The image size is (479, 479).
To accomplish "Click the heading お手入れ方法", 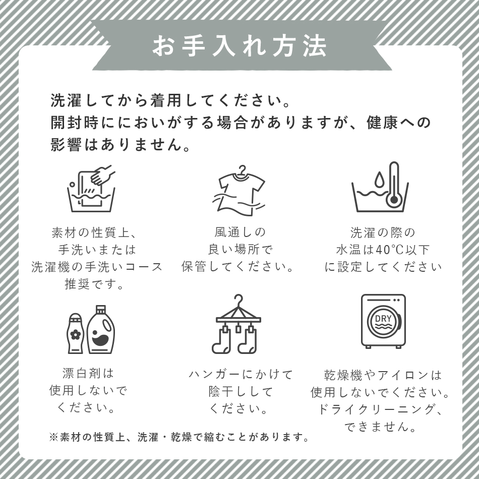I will tap(239, 46).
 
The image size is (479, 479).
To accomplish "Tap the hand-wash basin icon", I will tap(91, 189).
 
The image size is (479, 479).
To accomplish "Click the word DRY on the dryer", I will tap(383, 319).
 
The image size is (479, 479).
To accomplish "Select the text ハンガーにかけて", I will tap(241, 375).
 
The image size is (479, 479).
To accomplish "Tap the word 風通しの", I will tap(240, 232).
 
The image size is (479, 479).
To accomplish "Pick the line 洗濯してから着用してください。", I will tap(171, 100).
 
